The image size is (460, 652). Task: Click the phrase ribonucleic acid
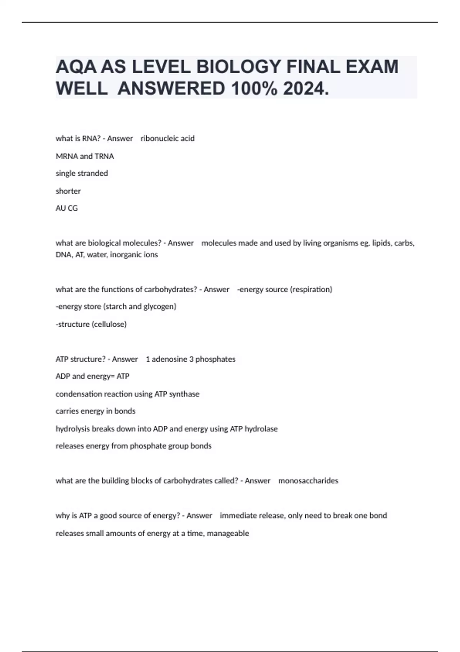[168, 138]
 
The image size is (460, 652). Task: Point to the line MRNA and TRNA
[85, 156]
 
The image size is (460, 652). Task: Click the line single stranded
[82, 173]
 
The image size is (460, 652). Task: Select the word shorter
[68, 191]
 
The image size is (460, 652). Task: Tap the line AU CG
[67, 208]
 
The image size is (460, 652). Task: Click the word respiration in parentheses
[311, 290]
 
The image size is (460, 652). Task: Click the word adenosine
[169, 359]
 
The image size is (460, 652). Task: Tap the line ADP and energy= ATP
[92, 376]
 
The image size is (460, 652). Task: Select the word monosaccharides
[308, 481]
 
